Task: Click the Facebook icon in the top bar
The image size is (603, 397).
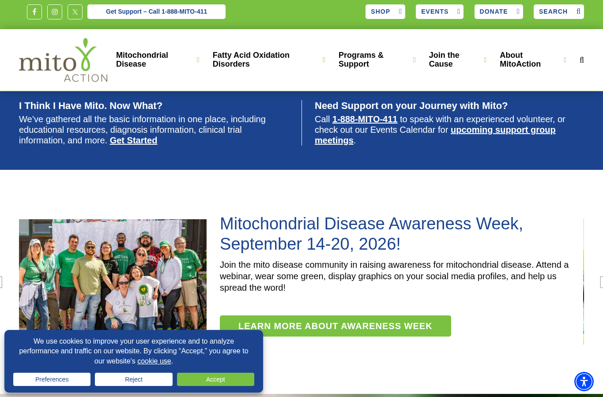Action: point(34,12)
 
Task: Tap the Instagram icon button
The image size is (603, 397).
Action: point(55,12)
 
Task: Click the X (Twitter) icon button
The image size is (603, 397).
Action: point(75,12)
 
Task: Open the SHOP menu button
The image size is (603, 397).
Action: point(385,11)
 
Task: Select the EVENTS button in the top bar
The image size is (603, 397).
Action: point(439,11)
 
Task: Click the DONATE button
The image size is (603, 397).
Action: point(498,11)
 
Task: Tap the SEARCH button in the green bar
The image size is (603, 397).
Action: point(558,11)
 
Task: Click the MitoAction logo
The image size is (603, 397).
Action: point(63,60)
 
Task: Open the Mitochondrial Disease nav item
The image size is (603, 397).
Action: point(142,60)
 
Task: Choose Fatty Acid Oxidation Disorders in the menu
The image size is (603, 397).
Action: point(251,60)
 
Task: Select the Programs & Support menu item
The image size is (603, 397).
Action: point(361,60)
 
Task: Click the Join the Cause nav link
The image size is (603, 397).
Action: point(444,60)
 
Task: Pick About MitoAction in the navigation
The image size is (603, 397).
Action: point(520,60)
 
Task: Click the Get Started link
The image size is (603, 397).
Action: point(133,140)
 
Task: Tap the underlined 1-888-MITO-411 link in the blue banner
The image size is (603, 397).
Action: point(365,119)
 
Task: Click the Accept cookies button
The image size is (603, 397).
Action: point(215,379)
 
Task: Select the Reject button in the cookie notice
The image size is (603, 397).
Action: point(133,379)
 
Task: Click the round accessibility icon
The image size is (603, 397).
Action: point(584,382)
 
